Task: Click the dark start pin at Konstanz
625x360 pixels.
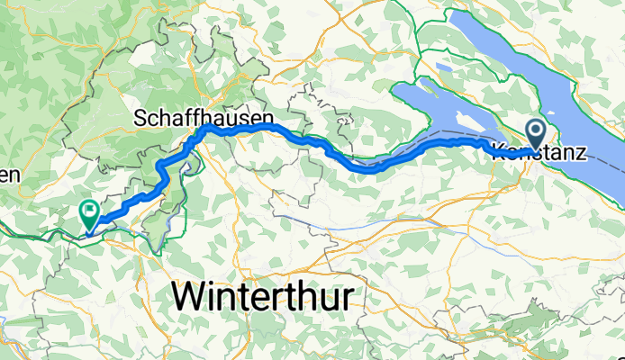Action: pos(537,136)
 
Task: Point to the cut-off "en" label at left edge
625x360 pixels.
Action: pos(9,175)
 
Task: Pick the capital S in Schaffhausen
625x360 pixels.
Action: pos(140,117)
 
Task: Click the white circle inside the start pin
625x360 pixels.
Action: pos(537,131)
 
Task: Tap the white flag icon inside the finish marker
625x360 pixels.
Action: pos(90,211)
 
